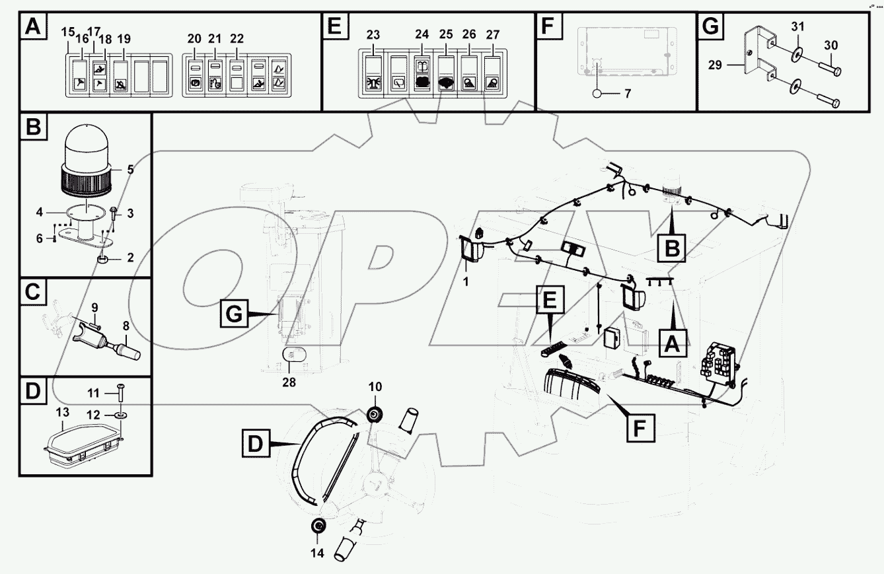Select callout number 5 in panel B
[130, 169]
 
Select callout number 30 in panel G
[831, 45]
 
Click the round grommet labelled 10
[375, 415]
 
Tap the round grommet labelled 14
[318, 526]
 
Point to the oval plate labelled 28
[295, 355]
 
